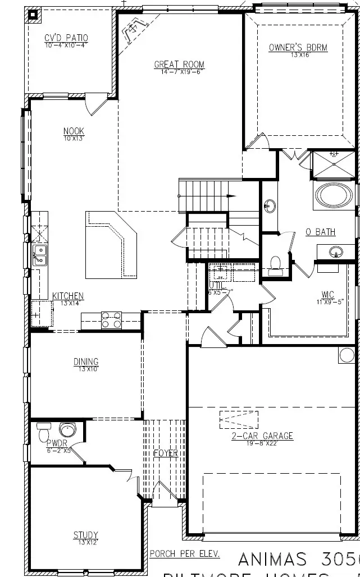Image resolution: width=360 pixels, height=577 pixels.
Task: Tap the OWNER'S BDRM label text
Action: pos(298,48)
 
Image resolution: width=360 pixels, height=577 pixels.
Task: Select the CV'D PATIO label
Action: pos(66,38)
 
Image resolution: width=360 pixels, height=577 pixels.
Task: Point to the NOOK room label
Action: pos(74,132)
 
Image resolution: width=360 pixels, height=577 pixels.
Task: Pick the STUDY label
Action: pos(85,535)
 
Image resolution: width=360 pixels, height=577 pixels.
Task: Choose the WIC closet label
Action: pos(328,294)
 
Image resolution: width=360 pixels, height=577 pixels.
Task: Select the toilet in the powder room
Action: pos(44,433)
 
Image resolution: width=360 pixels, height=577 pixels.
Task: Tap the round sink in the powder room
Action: pos(69,431)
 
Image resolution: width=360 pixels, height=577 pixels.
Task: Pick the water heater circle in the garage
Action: pos(347,355)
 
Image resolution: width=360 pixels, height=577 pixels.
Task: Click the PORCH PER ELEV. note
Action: pos(185,554)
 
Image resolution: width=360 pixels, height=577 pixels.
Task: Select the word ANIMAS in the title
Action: pos(272,559)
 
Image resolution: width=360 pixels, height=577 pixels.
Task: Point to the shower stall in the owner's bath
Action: pos(334,163)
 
